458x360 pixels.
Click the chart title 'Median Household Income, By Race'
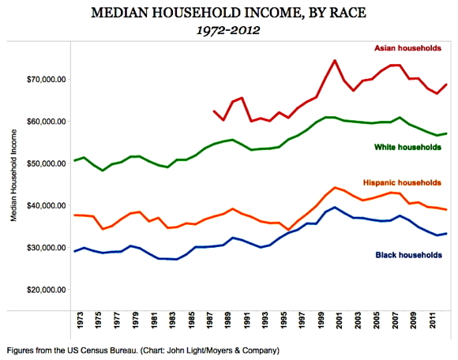coord(228,13)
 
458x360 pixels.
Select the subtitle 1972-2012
coord(228,30)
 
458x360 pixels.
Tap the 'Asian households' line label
coord(407,48)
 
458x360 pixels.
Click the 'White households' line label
coord(407,147)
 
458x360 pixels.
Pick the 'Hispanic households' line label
coord(402,183)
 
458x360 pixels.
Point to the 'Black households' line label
coord(408,255)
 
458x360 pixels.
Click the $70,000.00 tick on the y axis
coord(46,80)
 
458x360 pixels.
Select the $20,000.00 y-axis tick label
coord(46,290)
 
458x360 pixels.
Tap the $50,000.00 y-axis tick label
coord(46,163)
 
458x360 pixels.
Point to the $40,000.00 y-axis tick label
coord(46,205)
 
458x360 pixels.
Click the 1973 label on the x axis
coord(80,321)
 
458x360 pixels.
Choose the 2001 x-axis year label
coord(339,321)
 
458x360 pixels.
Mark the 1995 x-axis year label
coord(283,321)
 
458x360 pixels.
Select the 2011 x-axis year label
coord(432,321)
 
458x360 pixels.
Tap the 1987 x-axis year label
coord(210,321)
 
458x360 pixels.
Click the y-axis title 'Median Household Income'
coord(13,175)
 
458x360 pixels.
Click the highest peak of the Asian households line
coord(335,61)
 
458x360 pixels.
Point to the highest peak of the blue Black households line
coord(335,208)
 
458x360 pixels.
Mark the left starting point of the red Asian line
coord(214,111)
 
